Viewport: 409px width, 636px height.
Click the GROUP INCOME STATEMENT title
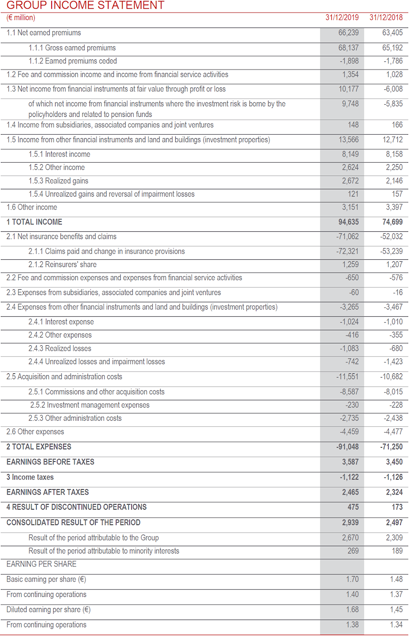(x=85, y=6)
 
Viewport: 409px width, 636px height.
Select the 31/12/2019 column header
(x=342, y=18)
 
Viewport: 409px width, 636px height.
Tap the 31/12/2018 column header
(x=386, y=18)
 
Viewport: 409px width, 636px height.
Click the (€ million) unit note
(x=21, y=18)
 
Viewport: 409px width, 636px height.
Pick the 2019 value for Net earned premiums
(x=349, y=33)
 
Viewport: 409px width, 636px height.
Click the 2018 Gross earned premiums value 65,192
(x=393, y=48)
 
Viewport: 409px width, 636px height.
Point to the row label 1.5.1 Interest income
(x=59, y=154)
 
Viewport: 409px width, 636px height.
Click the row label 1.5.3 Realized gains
(x=58, y=181)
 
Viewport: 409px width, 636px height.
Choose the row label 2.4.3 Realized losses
(x=60, y=348)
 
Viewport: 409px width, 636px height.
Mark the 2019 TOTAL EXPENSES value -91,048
(x=347, y=447)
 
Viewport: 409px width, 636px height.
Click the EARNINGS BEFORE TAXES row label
(x=50, y=462)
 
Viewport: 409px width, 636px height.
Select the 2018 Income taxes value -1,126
(x=393, y=477)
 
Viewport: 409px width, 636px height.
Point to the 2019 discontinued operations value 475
(x=353, y=507)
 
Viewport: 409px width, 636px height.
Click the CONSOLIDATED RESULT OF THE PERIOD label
(x=73, y=523)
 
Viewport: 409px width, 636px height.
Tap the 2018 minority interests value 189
(x=396, y=551)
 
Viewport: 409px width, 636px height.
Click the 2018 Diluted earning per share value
(x=396, y=609)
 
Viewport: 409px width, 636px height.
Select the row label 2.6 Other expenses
(x=35, y=432)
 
